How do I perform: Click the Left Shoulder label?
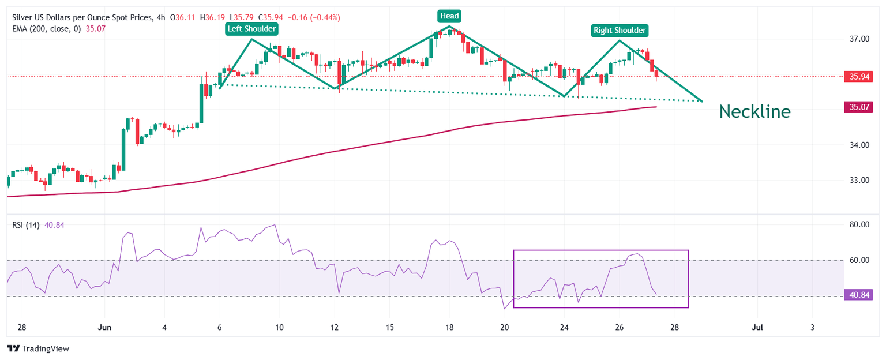point(251,28)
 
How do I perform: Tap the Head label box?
point(449,16)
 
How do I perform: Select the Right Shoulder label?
point(620,30)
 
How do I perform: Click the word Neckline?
point(754,111)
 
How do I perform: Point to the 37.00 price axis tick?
point(859,39)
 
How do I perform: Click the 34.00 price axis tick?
point(859,145)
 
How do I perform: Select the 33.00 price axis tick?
point(859,180)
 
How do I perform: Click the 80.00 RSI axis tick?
point(859,224)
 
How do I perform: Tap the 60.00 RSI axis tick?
point(859,260)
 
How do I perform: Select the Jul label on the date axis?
point(757,327)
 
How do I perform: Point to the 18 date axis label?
point(449,327)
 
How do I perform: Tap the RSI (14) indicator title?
point(25,225)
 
